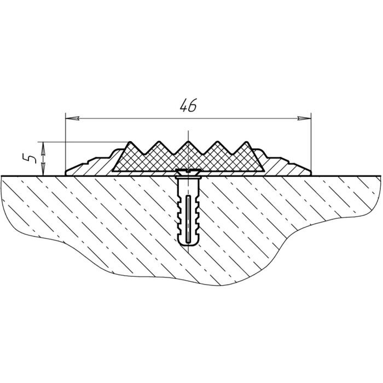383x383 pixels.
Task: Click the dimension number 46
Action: pos(188,106)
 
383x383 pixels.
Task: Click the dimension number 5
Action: pos(32,159)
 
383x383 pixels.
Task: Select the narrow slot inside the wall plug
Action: pos(188,219)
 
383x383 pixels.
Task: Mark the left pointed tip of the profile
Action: pos(66,172)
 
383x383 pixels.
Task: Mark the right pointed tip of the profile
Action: pos(310,172)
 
